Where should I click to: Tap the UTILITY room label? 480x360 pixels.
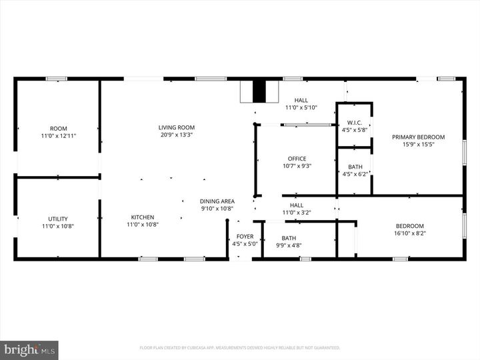click(x=58, y=218)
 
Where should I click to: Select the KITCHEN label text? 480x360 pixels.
click(x=142, y=217)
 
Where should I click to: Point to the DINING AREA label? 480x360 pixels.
click(x=217, y=201)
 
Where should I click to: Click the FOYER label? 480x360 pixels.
click(x=245, y=237)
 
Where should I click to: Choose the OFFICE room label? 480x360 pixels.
click(x=297, y=159)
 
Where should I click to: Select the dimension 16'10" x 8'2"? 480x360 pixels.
click(x=409, y=233)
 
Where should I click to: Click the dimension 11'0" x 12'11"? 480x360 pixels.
click(x=58, y=136)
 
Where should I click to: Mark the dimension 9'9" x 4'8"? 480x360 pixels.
click(x=289, y=245)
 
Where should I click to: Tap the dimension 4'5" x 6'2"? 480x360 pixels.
click(x=355, y=174)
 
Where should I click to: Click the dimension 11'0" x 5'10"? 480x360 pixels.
click(x=301, y=107)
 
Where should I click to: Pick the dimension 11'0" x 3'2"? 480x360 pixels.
click(x=297, y=213)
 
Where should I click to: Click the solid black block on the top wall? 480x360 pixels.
click(x=259, y=92)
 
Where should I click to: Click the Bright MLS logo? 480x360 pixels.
click(x=29, y=349)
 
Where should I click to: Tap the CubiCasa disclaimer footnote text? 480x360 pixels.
click(x=239, y=347)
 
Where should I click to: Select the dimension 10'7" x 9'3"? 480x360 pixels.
click(x=297, y=166)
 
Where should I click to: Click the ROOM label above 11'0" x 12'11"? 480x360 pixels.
click(x=58, y=129)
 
